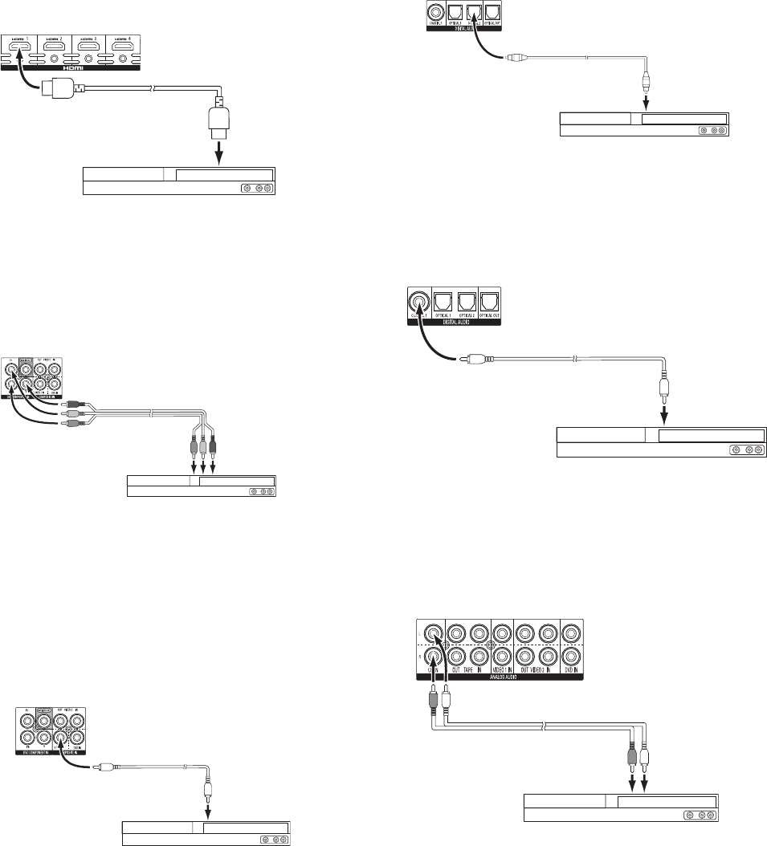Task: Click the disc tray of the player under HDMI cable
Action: (x=224, y=175)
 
